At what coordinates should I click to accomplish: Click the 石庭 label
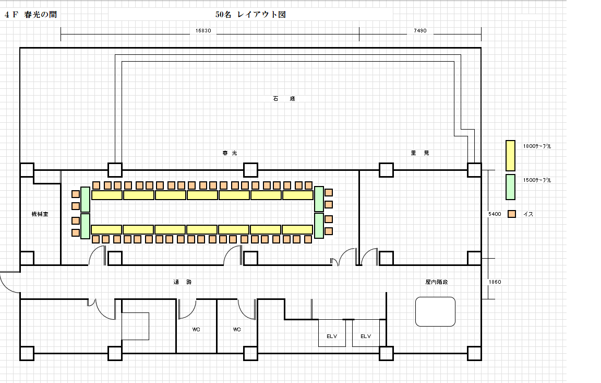click(284, 99)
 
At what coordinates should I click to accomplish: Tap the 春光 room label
click(230, 153)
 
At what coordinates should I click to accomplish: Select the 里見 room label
click(420, 153)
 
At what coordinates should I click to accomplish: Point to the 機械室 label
click(40, 214)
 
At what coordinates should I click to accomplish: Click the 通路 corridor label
click(183, 282)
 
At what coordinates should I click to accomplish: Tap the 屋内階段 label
click(437, 282)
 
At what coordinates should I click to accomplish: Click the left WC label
click(196, 330)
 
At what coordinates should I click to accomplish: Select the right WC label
click(237, 330)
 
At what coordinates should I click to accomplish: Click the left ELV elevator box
click(332, 333)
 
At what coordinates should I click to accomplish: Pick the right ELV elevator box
click(366, 333)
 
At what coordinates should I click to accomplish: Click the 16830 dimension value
click(203, 31)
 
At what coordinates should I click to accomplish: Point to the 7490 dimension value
click(420, 31)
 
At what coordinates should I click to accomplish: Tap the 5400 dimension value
click(495, 214)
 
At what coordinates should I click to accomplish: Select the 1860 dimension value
click(495, 282)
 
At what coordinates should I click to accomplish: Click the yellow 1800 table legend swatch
click(511, 155)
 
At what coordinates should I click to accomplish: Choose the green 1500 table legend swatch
click(511, 187)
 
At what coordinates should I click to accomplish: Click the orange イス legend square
click(512, 214)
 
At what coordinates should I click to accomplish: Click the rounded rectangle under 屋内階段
click(436, 311)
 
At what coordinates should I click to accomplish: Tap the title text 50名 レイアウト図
click(250, 15)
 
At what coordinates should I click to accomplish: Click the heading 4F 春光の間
click(31, 15)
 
